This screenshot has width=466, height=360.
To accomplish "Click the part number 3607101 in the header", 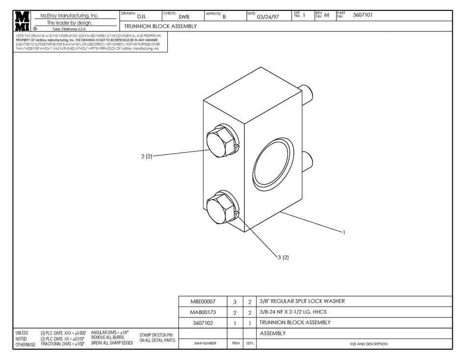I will [x=362, y=15].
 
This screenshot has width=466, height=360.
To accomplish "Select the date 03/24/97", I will [x=268, y=17].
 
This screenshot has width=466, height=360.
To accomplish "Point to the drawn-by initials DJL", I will [x=141, y=17].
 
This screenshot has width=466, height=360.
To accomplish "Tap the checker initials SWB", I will [x=183, y=17].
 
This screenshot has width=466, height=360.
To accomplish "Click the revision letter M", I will [x=326, y=15].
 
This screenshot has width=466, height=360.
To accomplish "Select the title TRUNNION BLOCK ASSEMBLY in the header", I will [x=160, y=26].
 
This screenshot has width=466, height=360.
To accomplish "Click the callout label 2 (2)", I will [x=147, y=156].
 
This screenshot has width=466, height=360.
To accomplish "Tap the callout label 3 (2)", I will [x=283, y=257].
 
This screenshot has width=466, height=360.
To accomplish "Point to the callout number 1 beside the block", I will [x=344, y=232].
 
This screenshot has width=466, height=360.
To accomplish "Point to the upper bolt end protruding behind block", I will [x=306, y=93].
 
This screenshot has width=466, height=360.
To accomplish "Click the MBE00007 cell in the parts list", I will [x=202, y=302].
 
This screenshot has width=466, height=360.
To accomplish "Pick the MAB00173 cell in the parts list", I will [x=202, y=312].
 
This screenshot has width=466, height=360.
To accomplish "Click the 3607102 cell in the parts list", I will [x=202, y=323].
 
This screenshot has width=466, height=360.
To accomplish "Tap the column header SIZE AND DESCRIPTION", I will [x=368, y=344].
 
